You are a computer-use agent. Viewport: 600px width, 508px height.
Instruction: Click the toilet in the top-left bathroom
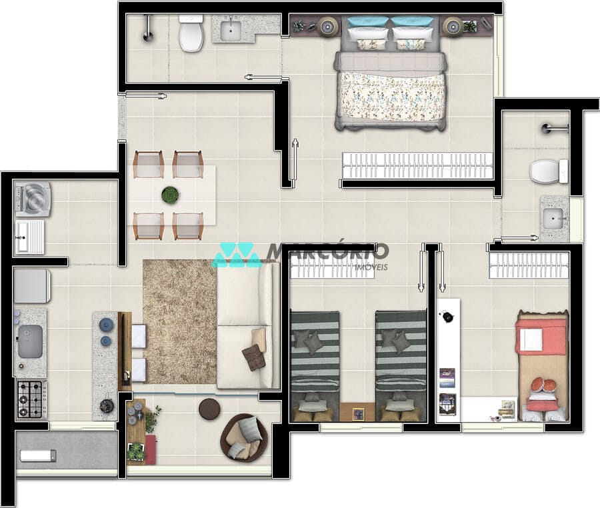[x=191, y=35]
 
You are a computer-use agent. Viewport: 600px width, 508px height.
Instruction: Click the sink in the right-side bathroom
[x=553, y=218]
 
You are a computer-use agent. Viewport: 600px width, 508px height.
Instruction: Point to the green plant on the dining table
[x=170, y=195]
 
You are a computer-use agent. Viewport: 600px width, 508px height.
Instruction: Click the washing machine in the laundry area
[x=32, y=199]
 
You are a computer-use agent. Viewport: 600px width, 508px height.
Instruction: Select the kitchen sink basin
[x=30, y=341]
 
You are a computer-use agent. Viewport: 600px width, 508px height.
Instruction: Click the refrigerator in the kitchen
[x=31, y=285]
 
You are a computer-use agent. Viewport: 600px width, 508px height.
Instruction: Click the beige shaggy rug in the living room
[x=179, y=320]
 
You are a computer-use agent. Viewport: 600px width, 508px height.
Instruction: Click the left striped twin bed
[x=315, y=365]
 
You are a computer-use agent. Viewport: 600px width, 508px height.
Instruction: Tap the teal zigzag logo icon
[x=235, y=255]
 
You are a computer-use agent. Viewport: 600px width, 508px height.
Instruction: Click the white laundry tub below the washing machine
[x=29, y=237]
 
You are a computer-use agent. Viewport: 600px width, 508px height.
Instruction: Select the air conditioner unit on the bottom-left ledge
[x=37, y=456]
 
